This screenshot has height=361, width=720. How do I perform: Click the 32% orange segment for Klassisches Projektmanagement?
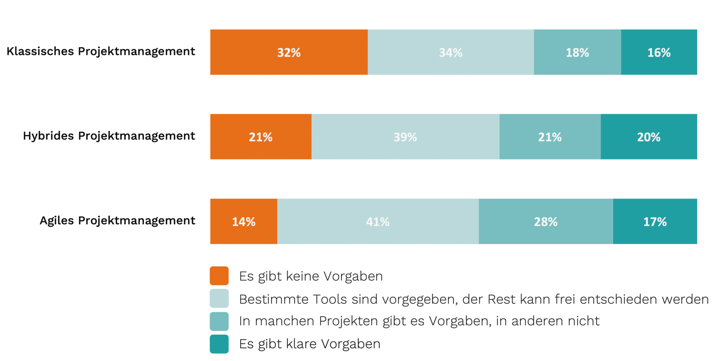(x=289, y=52)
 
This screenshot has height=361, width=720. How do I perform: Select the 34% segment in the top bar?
(x=451, y=52)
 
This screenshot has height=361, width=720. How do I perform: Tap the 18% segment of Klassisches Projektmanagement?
(x=577, y=52)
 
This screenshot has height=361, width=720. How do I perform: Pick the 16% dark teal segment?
(x=659, y=52)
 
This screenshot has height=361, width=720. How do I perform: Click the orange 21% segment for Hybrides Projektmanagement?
(x=261, y=137)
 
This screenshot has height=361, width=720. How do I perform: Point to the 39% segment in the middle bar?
(x=405, y=137)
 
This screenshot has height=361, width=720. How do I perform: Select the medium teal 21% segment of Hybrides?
(x=550, y=137)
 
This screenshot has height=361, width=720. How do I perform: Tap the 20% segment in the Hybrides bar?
(x=649, y=137)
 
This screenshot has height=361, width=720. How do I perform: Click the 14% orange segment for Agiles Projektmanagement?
(x=244, y=221)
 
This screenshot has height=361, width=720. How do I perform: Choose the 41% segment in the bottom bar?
(x=378, y=221)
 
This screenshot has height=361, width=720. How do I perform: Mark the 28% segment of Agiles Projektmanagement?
(x=546, y=221)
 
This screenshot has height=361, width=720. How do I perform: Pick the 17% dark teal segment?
(x=655, y=221)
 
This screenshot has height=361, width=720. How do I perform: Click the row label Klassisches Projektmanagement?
(x=101, y=51)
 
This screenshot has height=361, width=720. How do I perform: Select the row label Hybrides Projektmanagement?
(x=109, y=136)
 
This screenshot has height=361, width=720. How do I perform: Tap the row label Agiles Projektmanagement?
(x=117, y=220)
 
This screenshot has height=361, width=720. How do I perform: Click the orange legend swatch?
(x=219, y=276)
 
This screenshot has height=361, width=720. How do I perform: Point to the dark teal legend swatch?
(x=219, y=344)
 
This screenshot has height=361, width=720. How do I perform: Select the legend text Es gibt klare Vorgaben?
(x=310, y=344)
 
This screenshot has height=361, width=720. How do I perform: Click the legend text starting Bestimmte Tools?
(x=474, y=299)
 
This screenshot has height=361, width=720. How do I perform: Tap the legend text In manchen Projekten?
(x=419, y=321)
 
